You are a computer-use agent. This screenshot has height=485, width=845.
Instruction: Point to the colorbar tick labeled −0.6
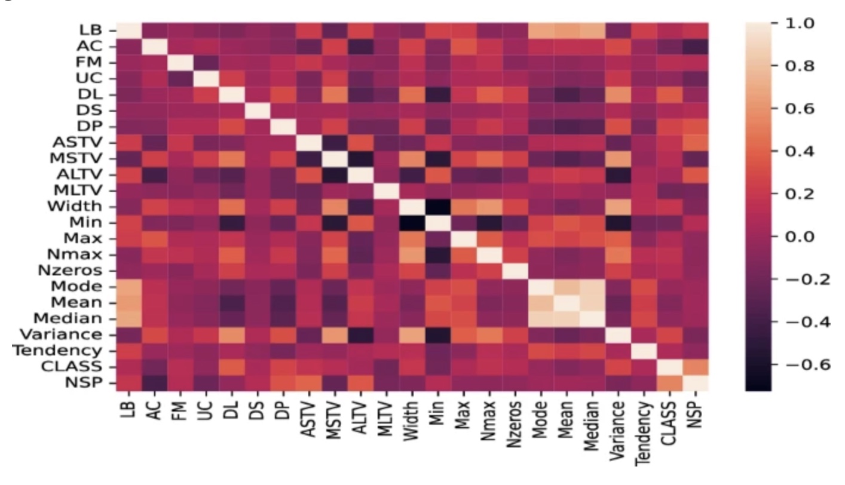click(x=801, y=364)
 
